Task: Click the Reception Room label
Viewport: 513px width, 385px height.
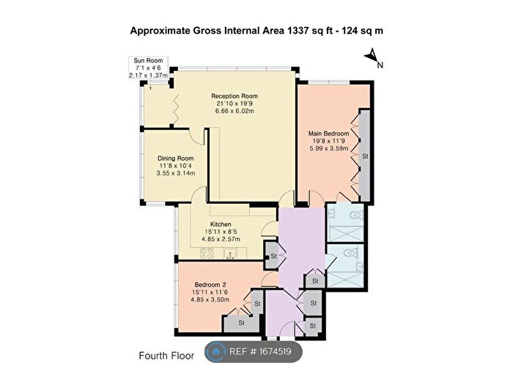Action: coord(235,96)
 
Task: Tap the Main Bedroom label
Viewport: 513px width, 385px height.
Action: coord(328,133)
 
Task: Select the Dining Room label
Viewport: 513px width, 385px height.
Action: coord(175,158)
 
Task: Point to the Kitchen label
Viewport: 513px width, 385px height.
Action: coord(221,224)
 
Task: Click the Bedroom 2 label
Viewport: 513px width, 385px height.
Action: coord(210,285)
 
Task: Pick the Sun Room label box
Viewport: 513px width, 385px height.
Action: coord(148,67)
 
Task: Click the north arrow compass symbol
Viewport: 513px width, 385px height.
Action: coord(373,58)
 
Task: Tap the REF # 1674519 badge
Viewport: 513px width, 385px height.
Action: coord(254,351)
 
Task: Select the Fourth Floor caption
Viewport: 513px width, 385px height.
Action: coord(166,356)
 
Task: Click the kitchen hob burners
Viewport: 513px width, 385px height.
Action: coord(207,253)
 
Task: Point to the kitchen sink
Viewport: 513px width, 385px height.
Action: coord(231,254)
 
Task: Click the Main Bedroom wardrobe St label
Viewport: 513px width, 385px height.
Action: coord(365,156)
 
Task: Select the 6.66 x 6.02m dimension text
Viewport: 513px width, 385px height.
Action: coord(235,111)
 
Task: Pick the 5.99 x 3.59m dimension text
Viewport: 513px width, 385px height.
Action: coord(328,148)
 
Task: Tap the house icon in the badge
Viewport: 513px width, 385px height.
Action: coord(216,351)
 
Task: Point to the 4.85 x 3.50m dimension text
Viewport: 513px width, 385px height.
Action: coord(210,299)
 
